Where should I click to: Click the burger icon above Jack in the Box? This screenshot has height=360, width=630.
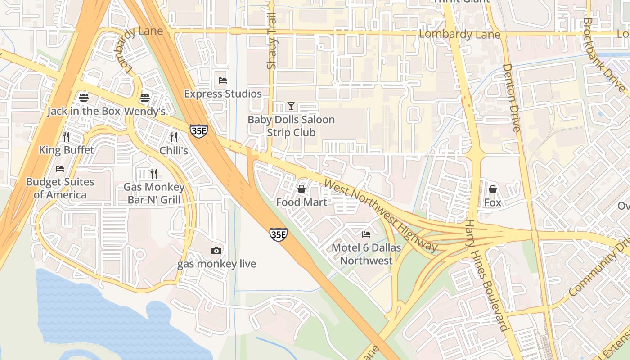(83, 97)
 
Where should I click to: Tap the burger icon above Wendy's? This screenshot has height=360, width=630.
(144, 97)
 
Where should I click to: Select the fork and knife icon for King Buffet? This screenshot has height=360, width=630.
(66, 136)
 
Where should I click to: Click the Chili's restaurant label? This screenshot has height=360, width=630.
(174, 150)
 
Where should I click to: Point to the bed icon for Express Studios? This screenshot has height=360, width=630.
(223, 81)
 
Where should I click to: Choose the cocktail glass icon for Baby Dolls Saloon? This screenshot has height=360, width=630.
(291, 106)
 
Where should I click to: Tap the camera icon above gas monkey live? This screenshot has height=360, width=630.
(216, 251)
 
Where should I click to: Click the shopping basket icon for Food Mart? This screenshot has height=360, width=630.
(301, 189)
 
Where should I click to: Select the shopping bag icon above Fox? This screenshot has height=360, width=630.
(493, 189)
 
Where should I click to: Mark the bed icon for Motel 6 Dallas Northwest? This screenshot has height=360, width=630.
(366, 234)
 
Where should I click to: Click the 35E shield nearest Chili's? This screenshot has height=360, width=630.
(198, 131)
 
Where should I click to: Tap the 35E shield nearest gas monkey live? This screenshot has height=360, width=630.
(279, 234)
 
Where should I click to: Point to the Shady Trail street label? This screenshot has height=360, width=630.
(271, 47)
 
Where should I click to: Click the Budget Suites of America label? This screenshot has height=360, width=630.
(60, 188)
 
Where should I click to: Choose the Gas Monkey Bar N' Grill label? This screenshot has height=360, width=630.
(154, 193)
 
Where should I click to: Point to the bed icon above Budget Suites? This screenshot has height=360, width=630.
(60, 169)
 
